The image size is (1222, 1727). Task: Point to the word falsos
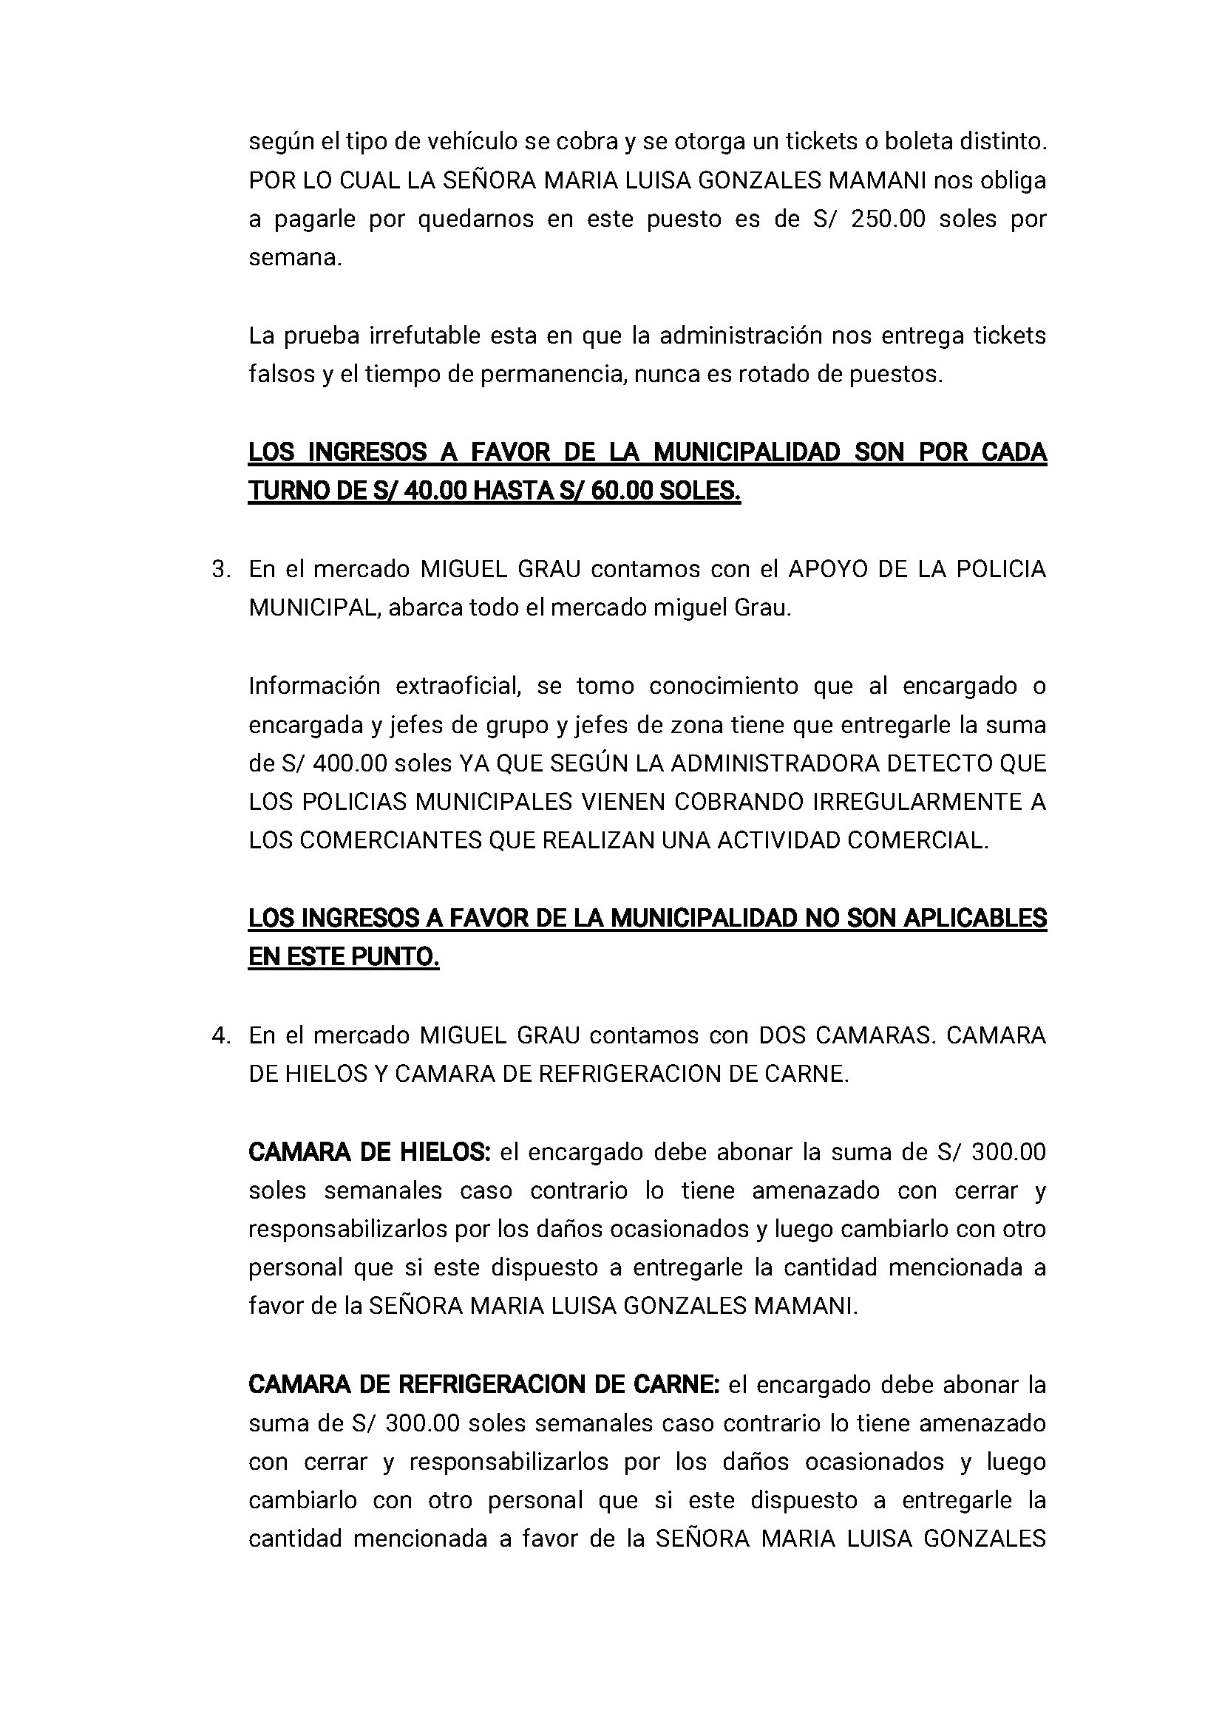[x=282, y=374]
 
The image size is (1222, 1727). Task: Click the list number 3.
[x=220, y=570]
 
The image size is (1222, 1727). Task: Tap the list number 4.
[x=220, y=1036]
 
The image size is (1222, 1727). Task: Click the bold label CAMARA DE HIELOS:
[x=370, y=1152]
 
